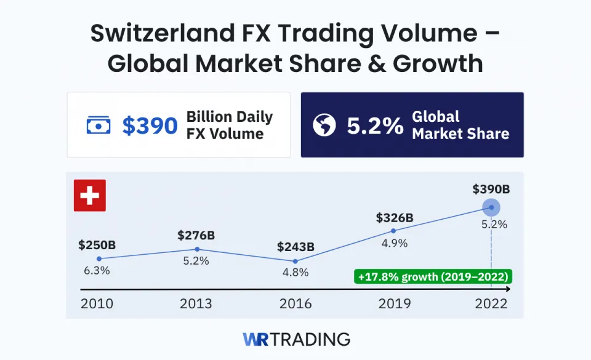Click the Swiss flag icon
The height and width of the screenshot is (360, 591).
[90, 196]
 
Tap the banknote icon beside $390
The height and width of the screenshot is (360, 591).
[98, 126]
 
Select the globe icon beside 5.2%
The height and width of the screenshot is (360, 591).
[324, 126]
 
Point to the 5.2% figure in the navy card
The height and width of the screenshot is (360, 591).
[375, 126]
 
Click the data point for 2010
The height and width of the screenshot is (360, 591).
[99, 258]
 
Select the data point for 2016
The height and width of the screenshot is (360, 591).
[295, 261]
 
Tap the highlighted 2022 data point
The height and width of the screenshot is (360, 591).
[491, 207]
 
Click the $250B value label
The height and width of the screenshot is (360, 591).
[97, 245]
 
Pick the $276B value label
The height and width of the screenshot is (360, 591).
[196, 235]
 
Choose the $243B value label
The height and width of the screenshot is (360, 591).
[295, 247]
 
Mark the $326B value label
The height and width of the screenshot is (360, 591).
[395, 217]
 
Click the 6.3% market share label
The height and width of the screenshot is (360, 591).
[97, 271]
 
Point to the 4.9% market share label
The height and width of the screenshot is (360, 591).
[395, 242]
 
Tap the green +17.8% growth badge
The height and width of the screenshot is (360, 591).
[432, 276]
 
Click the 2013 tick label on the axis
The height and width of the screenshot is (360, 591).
[196, 304]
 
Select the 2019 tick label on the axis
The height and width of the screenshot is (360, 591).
[395, 304]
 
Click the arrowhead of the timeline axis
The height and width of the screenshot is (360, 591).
[507, 289]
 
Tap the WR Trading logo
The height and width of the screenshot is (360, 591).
[295, 339]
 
